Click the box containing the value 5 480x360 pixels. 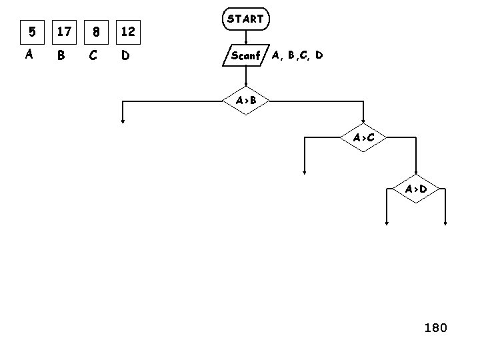(30, 31)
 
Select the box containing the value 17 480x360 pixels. (64, 31)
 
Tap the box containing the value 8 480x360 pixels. (97, 31)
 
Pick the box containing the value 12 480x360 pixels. (128, 31)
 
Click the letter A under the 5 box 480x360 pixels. (29, 55)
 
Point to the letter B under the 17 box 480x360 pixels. (61, 56)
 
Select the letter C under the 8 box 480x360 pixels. (93, 56)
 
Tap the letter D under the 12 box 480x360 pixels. (125, 56)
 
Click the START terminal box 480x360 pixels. (245, 19)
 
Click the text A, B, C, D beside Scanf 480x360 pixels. (297, 55)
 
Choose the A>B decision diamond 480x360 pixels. (246, 101)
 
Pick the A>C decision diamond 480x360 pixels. (363, 137)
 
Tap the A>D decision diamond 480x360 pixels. (416, 189)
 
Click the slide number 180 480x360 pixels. (436, 327)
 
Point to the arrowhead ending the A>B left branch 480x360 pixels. (123, 121)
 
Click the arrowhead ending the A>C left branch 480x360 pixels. (305, 171)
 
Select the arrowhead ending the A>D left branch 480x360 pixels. (387, 224)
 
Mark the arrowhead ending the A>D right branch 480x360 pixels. (445, 224)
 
